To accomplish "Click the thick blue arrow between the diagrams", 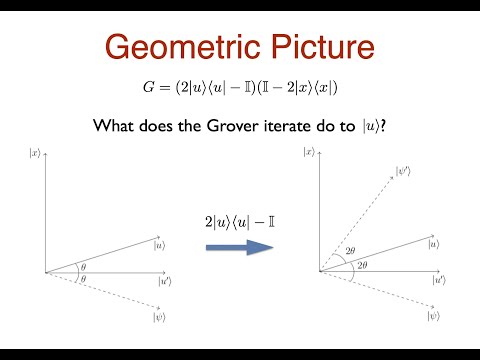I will (x=239, y=243).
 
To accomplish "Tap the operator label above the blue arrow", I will (x=239, y=217).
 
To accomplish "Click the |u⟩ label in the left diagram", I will (x=160, y=243).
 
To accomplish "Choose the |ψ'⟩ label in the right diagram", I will (x=404, y=171).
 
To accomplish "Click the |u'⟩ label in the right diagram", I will (x=438, y=281).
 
